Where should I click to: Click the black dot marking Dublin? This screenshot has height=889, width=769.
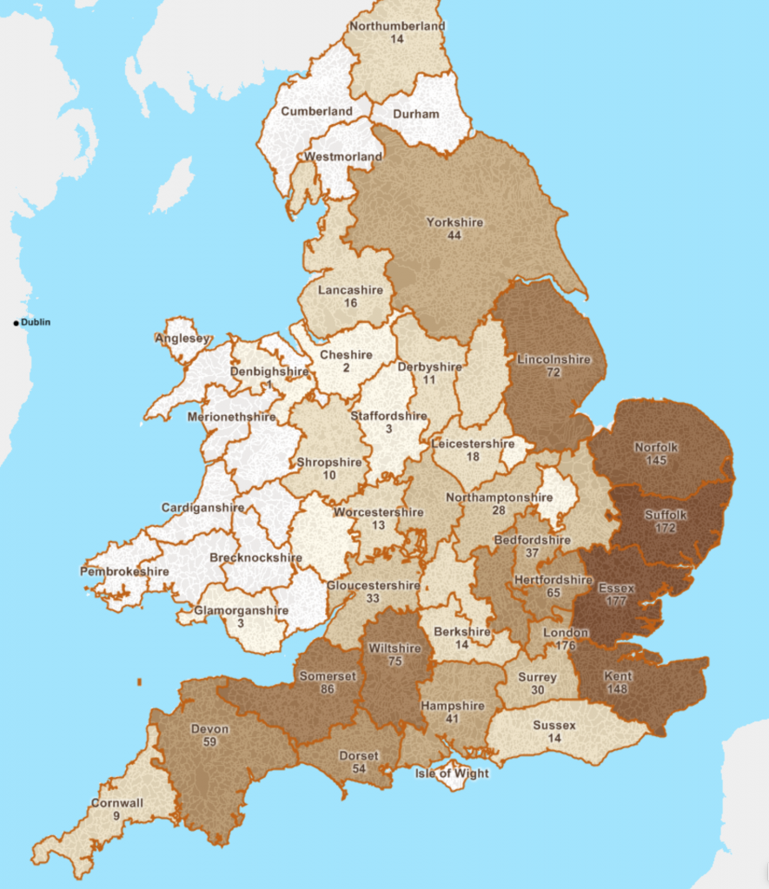[16, 323]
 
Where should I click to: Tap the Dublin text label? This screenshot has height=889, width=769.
[36, 323]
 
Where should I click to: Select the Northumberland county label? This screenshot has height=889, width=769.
[397, 26]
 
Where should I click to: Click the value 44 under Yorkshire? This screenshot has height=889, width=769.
[454, 236]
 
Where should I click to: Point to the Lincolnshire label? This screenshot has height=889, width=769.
[554, 359]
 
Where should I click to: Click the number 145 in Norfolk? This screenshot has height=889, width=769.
[655, 460]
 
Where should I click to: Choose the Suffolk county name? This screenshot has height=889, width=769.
[666, 515]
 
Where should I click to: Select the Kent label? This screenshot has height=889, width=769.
[618, 676]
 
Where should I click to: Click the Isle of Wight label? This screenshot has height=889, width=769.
[452, 774]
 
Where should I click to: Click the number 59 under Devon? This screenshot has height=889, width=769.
[209, 742]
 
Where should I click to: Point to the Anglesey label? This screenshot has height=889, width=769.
[183, 339]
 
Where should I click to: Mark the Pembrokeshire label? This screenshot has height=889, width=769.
[124, 571]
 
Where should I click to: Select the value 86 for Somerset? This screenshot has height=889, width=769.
[328, 689]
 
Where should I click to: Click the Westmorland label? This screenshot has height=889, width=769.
[343, 156]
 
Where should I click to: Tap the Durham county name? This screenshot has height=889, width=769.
[416, 114]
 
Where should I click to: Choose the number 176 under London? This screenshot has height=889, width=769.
[565, 645]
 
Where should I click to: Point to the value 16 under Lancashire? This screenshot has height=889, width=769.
[350, 303]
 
